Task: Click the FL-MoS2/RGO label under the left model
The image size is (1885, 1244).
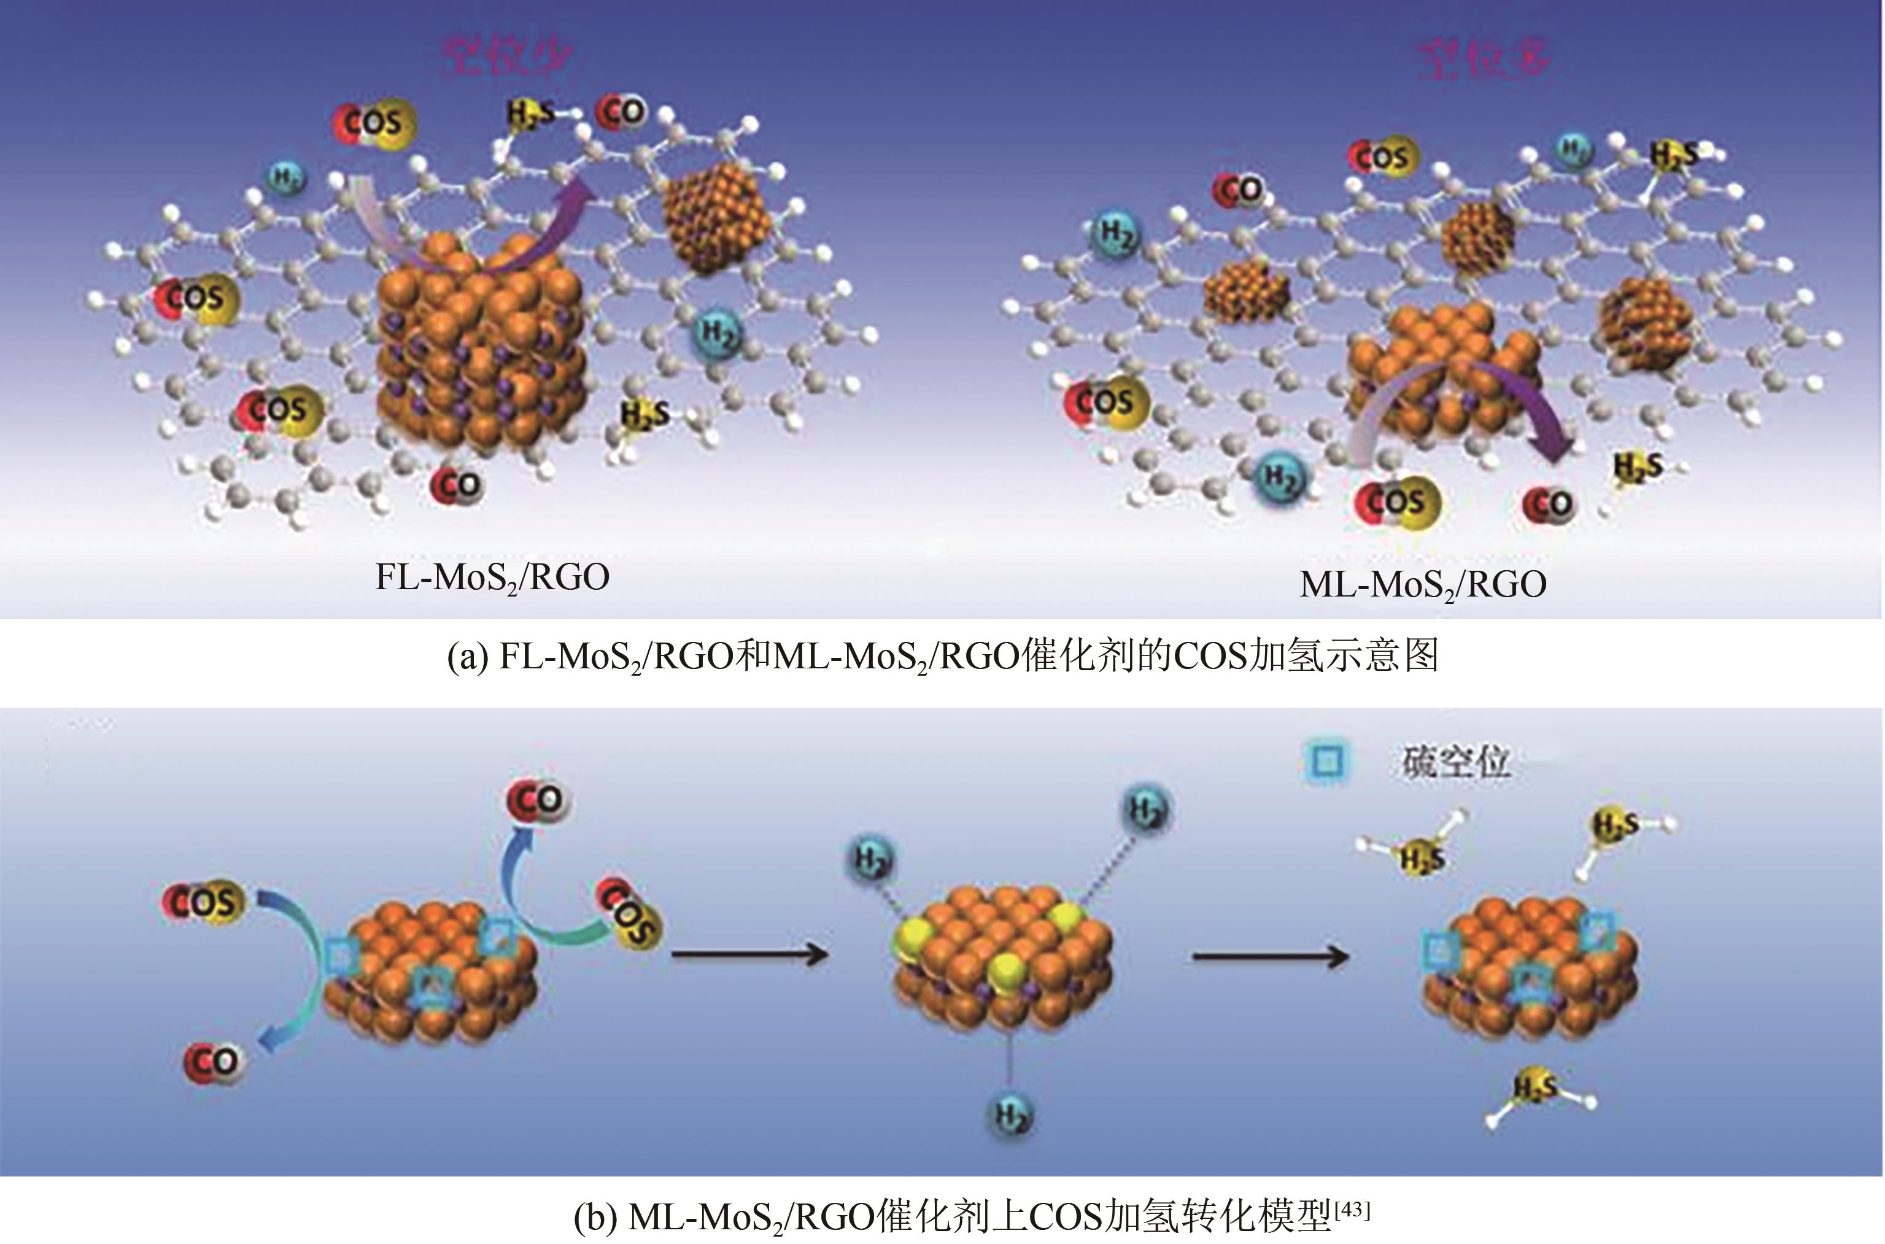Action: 492,578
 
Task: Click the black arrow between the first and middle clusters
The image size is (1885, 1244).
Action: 749,954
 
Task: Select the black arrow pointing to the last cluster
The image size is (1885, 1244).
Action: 1269,957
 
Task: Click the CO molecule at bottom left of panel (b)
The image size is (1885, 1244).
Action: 212,1062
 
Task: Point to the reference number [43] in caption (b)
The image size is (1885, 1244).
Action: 1353,1210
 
